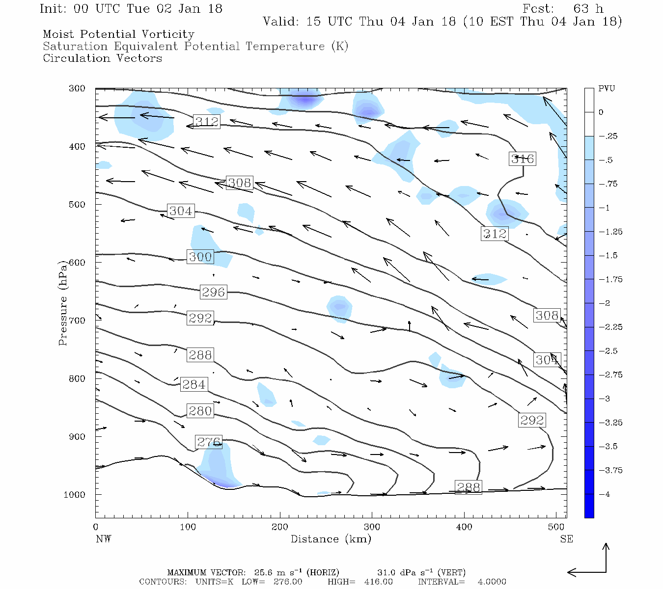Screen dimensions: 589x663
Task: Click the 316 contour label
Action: coord(522,159)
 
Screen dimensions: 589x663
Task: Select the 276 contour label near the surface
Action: coord(209,442)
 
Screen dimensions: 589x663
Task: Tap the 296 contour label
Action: coord(213,292)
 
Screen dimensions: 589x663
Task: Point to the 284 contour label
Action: coord(193,384)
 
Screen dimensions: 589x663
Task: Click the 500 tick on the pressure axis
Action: coord(77,205)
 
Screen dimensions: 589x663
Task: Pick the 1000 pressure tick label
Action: coord(74,495)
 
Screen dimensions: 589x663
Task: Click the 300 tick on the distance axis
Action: coord(372,527)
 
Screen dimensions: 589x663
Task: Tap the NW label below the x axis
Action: coord(103,539)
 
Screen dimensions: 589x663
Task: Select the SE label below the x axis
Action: coord(566,539)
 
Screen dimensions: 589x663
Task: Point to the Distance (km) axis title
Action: coord(331,539)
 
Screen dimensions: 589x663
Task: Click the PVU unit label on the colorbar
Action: coord(607,89)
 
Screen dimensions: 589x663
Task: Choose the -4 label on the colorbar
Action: coord(605,494)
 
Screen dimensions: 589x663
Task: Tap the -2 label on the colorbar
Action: coord(605,303)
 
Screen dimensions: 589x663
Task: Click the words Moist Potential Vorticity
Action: coord(118,34)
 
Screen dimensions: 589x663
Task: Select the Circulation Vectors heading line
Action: coord(102,58)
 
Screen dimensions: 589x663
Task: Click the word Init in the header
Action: coord(54,9)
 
